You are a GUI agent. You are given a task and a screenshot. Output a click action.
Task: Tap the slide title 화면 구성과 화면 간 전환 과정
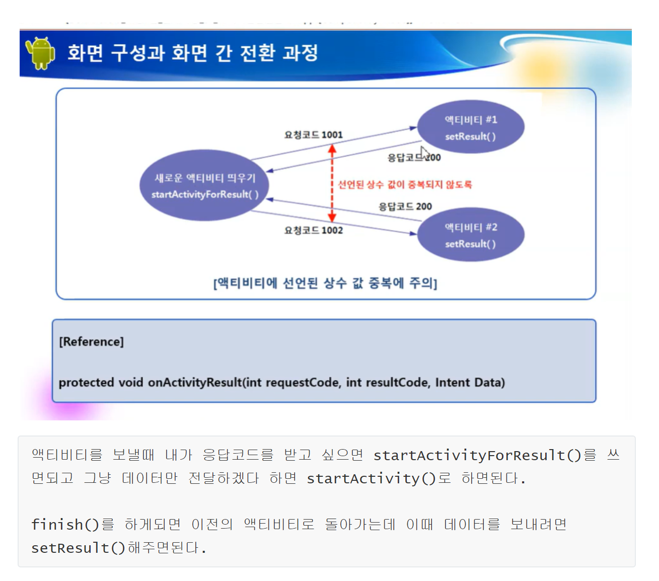tap(193, 53)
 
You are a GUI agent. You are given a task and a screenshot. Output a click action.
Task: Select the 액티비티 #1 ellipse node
tap(471, 127)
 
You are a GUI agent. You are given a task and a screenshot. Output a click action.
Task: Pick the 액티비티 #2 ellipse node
tap(471, 235)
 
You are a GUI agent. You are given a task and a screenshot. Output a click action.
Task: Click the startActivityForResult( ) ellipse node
tap(204, 185)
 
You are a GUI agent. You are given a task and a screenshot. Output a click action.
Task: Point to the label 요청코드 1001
tap(313, 135)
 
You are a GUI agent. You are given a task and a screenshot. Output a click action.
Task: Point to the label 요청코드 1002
tap(313, 231)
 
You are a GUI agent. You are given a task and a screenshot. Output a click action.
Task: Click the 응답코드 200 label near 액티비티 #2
tap(405, 206)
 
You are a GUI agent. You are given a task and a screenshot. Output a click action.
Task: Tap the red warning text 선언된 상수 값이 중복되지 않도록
tap(405, 185)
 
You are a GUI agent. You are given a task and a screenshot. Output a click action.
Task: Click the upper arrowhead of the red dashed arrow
tap(332, 149)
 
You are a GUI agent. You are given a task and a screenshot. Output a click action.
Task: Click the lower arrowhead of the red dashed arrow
tap(332, 217)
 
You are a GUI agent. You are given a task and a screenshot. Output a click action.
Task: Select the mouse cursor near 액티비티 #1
tap(424, 153)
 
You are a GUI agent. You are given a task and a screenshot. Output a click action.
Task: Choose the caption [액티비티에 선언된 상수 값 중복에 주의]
tap(325, 283)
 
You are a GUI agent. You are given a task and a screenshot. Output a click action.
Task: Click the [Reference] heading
tap(91, 342)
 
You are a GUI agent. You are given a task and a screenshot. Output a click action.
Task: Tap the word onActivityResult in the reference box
tap(195, 383)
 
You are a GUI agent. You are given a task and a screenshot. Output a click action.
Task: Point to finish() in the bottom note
tap(65, 525)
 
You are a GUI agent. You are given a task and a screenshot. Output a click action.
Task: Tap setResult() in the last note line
tap(78, 548)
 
